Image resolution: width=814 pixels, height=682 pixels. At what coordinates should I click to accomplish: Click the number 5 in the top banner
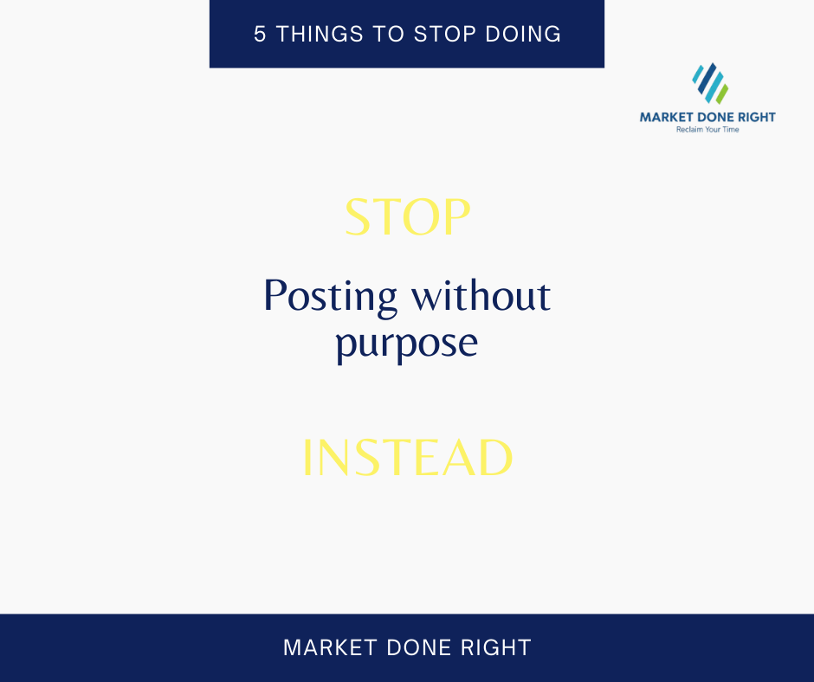260,35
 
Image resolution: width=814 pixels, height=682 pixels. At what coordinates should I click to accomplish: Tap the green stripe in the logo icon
720,93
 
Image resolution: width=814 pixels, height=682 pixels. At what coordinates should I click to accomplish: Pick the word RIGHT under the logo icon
753,118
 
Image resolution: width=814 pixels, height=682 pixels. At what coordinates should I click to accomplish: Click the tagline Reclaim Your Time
707,130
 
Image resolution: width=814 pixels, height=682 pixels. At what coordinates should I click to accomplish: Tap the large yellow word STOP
407,218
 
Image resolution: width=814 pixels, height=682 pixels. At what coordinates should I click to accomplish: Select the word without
481,297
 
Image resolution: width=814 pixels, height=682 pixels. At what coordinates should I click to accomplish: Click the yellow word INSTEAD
407,459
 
